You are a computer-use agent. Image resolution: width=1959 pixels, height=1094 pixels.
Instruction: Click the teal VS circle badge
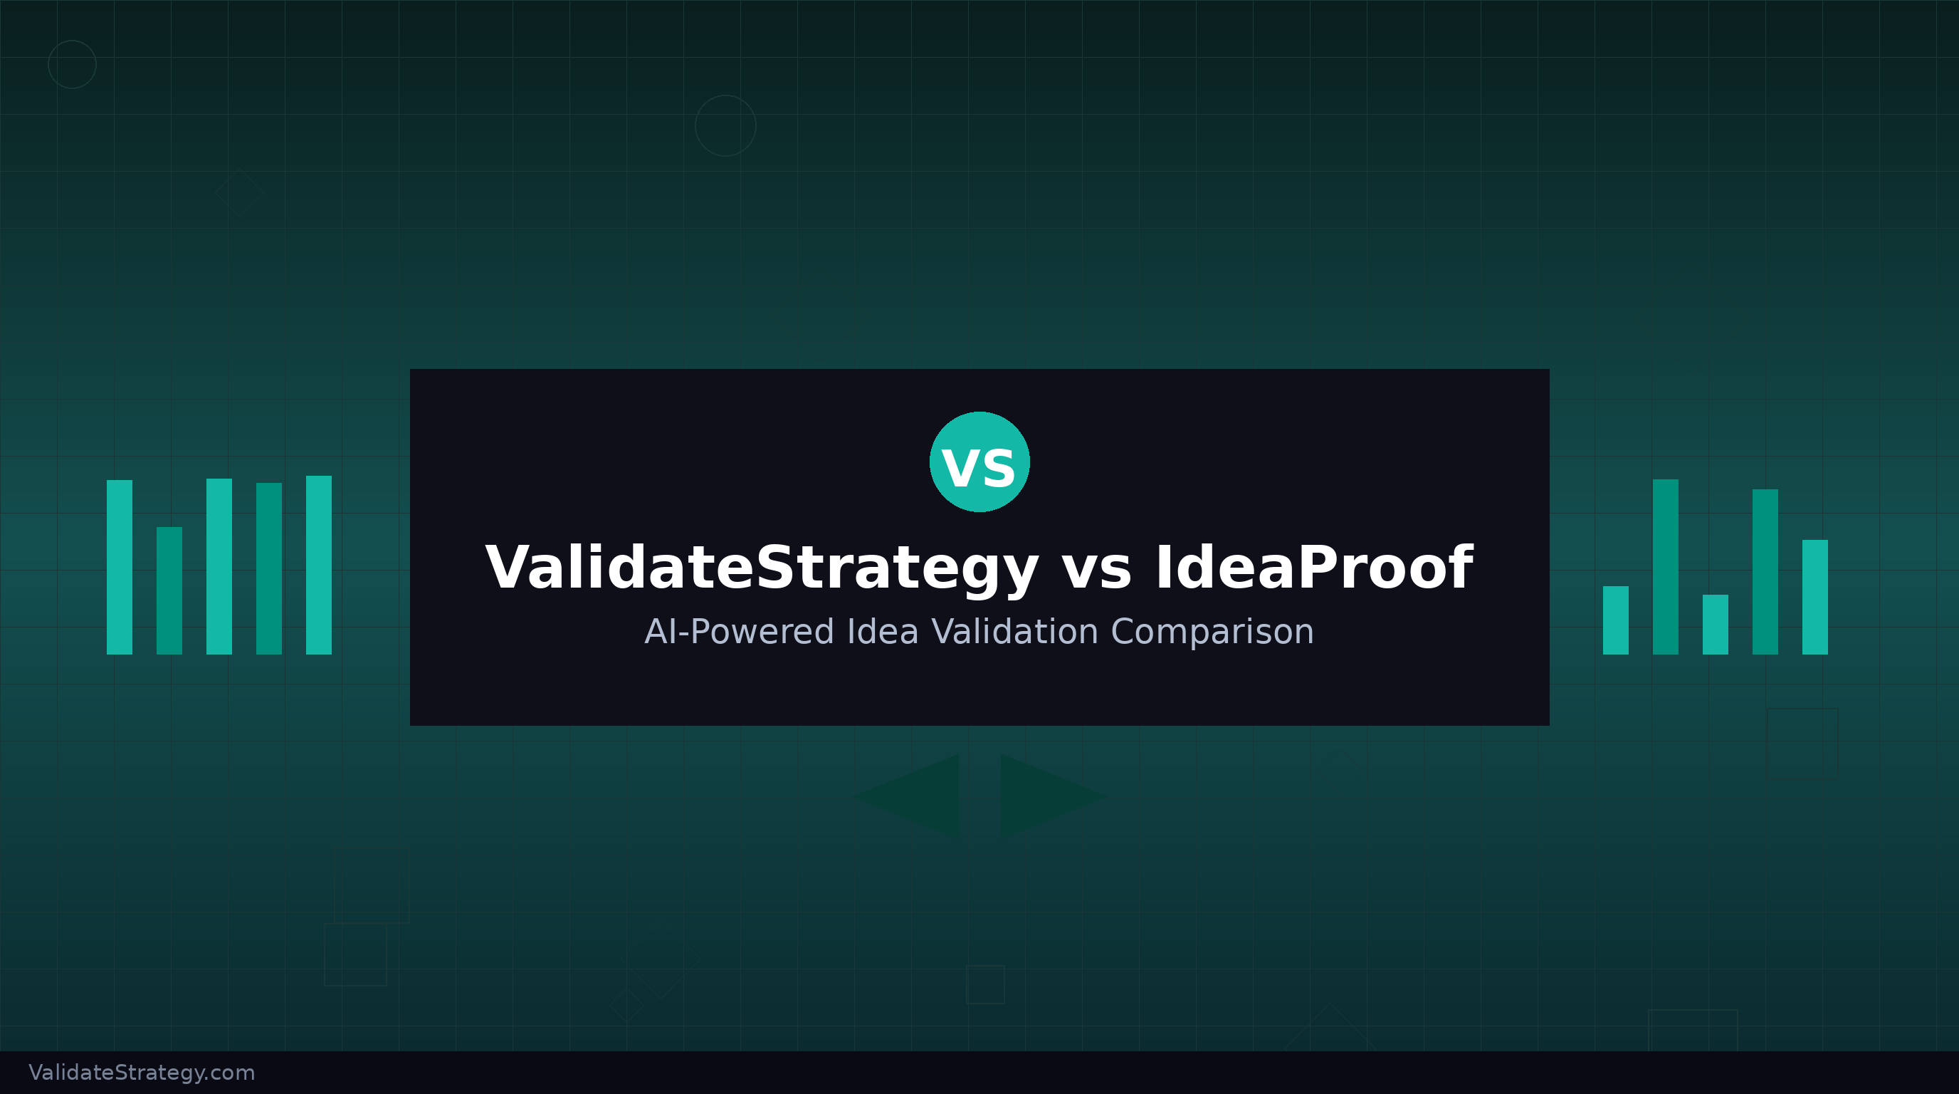click(979, 462)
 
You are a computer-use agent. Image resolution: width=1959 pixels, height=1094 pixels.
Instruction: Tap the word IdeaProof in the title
click(1313, 568)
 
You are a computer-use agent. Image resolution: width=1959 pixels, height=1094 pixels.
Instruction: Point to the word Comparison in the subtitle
click(1212, 632)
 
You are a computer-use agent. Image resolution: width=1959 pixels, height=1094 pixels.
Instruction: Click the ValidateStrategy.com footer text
click(142, 1073)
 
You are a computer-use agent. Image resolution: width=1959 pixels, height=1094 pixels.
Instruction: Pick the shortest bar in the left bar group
click(169, 590)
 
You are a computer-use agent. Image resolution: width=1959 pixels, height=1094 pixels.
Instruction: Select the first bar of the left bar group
click(120, 567)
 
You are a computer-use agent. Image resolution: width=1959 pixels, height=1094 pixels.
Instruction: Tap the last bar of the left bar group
click(319, 565)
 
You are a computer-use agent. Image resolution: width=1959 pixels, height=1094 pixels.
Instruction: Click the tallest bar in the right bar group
click(1666, 567)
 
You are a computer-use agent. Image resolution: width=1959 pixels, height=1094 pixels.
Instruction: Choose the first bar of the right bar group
click(1615, 620)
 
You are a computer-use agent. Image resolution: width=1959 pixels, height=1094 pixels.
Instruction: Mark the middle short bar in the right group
click(1715, 625)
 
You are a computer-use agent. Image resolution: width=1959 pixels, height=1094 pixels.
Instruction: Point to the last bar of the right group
click(1814, 597)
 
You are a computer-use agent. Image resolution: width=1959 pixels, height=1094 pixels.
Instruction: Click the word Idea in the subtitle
click(882, 632)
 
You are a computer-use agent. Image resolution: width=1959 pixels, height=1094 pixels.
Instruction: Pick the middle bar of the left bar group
click(219, 566)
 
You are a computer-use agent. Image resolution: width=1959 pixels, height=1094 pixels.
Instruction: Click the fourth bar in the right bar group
click(1765, 571)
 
